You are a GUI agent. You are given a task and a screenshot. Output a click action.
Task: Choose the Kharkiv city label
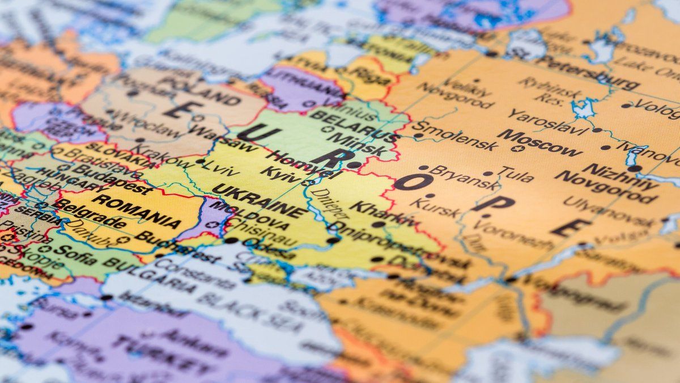(383, 213)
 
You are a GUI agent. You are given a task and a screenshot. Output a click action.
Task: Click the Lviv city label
(220, 166)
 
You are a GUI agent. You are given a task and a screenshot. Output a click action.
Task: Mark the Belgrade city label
(82, 213)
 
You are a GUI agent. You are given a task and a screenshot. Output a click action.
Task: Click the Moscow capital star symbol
(515, 149)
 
